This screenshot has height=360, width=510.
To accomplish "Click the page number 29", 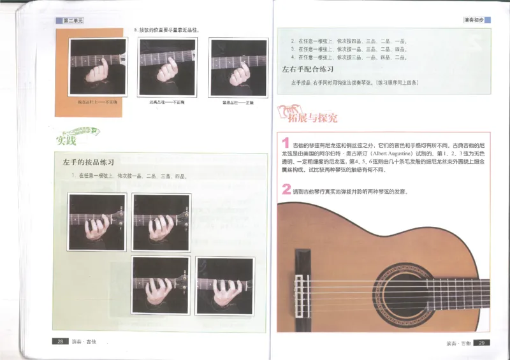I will (483, 343).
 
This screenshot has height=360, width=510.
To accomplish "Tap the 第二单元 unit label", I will (74, 21).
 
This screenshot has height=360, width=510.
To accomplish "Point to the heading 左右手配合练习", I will (309, 68).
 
